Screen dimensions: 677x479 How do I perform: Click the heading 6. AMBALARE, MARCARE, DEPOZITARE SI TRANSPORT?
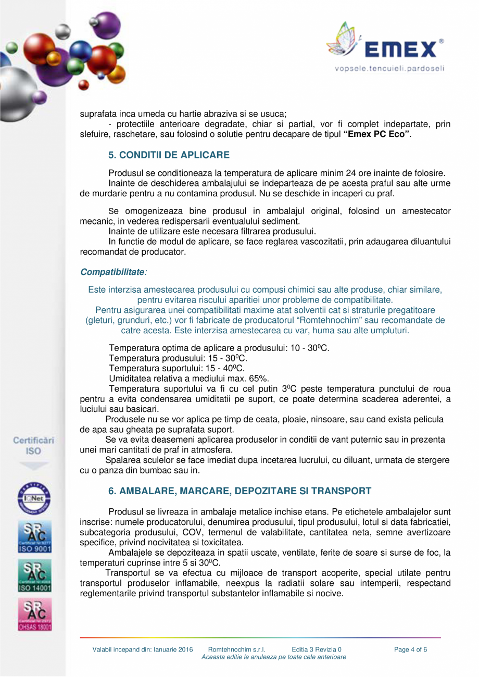240,491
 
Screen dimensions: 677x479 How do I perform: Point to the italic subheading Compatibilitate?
112,272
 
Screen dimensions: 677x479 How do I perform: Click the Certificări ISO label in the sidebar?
34,445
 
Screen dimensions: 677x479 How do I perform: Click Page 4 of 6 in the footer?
411,649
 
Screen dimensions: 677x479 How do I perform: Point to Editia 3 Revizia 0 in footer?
317,649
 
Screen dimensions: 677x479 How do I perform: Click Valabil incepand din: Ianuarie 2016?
143,649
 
